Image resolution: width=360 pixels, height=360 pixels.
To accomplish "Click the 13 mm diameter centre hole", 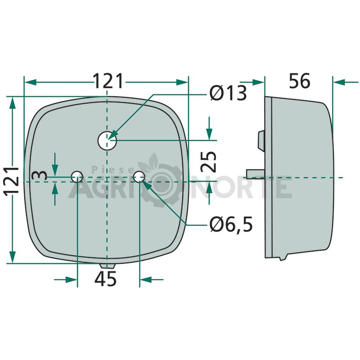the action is [107, 140].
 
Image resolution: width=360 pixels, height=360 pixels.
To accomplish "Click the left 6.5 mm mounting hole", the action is [77, 176].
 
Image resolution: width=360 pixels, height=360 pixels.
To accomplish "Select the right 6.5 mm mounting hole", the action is [139, 176].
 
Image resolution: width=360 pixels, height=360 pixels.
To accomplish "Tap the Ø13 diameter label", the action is [228, 93].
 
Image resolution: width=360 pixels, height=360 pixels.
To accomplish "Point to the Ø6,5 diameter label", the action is [231, 224].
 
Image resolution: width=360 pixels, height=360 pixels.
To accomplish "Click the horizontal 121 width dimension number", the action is [108, 81].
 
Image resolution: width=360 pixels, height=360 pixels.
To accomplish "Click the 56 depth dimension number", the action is [299, 81].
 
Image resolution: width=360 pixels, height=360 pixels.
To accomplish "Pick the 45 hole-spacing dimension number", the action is [105, 279].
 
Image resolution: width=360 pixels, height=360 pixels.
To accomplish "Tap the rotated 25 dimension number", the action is [208, 162].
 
